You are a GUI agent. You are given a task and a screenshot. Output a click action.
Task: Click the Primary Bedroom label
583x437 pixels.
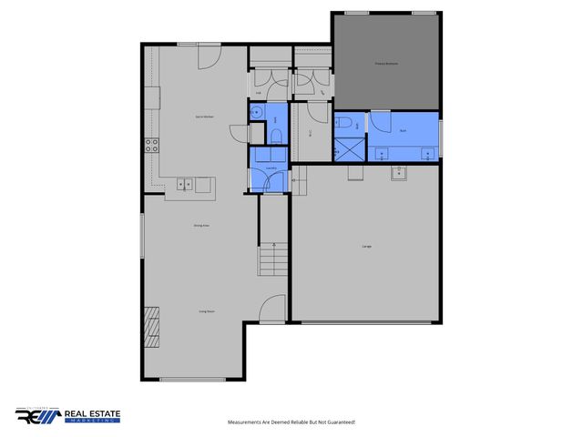point(386,64)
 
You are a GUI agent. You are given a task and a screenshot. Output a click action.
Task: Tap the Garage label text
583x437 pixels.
point(366,247)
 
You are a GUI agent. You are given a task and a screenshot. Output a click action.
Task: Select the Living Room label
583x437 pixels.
point(207,311)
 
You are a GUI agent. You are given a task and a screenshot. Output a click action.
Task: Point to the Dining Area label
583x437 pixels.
point(201,225)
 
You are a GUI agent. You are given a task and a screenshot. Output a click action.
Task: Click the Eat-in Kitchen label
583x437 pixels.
point(204,117)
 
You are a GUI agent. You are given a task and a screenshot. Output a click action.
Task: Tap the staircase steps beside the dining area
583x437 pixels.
point(271,260)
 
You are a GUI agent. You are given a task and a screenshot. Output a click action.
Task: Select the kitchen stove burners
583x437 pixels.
point(152,143)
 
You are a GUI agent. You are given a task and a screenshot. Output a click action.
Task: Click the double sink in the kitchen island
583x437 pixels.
point(185,184)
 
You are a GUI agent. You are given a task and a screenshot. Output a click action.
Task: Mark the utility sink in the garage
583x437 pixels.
point(398,172)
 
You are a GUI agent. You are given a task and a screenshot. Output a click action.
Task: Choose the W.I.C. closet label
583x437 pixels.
point(311,135)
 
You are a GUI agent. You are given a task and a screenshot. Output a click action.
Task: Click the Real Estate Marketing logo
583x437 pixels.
point(67,417)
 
